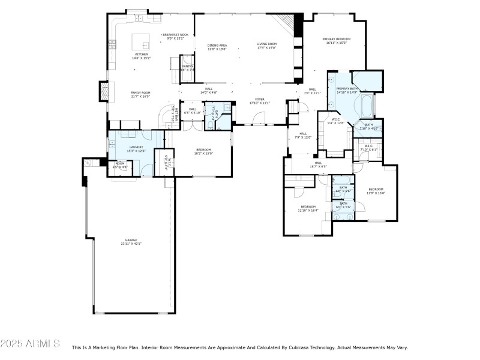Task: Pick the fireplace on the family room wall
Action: click(104, 91)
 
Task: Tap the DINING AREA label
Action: click(217, 45)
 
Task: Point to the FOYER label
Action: click(260, 100)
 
